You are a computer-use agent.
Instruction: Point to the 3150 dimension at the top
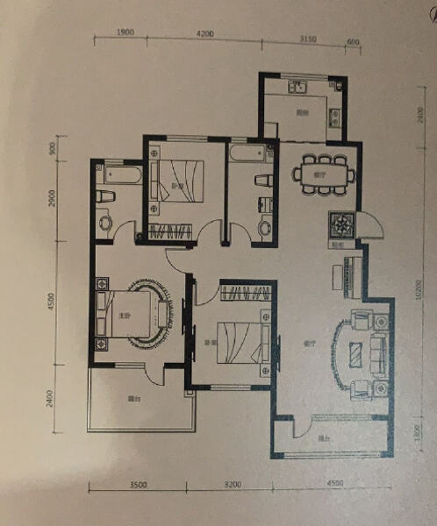pos(307,39)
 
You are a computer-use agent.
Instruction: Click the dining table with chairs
pos(322,169)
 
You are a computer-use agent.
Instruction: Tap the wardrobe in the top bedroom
pos(173,232)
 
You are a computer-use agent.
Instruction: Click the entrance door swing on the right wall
pos(370,231)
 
